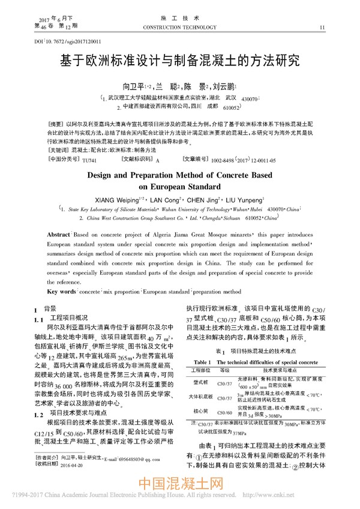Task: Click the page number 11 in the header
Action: click(x=323, y=27)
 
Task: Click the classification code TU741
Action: click(x=88, y=160)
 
